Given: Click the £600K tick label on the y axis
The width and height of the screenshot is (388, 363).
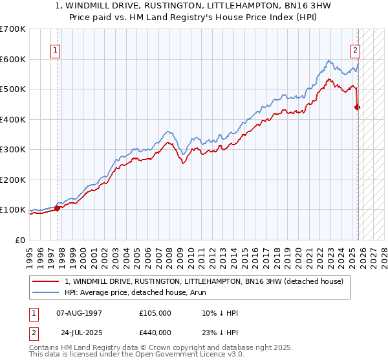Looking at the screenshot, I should pos(13,59).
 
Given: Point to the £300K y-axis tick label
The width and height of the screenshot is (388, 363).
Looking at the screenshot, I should pos(13,150).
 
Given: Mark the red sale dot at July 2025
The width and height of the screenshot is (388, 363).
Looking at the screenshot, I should pos(357,108).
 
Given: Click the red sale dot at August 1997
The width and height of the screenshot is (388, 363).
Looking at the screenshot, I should pos(57,208).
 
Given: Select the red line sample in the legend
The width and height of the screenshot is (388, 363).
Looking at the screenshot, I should pos(45,281).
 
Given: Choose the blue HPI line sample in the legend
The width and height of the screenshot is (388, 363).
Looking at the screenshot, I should pos(45,292).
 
